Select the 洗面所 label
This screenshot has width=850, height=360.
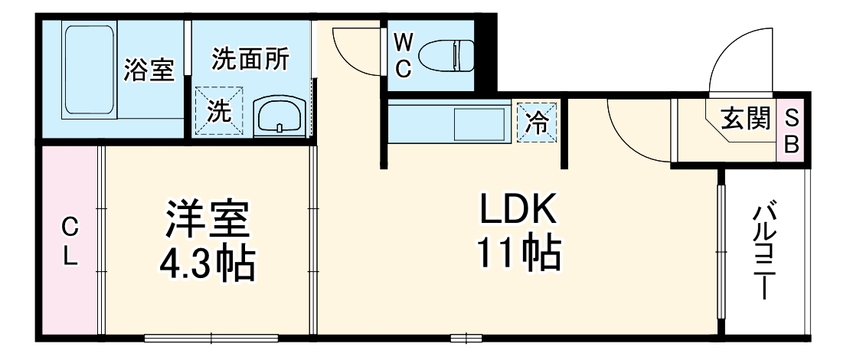250,59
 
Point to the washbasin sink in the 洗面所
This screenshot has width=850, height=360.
280,116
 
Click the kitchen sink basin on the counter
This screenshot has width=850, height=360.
478,123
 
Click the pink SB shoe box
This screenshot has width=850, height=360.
792,132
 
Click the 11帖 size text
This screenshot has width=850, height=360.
520,253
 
